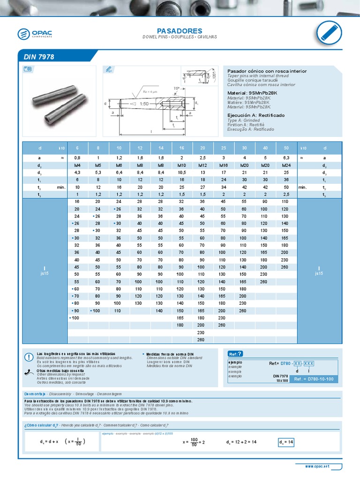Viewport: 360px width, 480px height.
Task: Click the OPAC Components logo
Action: [36, 33]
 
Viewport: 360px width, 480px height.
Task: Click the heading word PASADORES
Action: [180, 30]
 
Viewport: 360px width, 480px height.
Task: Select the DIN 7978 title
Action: [39, 57]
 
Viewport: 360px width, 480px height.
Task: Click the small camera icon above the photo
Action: [27, 69]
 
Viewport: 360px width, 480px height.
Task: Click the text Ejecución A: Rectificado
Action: [255, 115]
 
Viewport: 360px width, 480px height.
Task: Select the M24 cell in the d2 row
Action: [285, 165]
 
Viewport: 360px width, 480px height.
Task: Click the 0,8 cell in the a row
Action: [77, 158]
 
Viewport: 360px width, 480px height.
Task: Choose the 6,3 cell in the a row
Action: [285, 158]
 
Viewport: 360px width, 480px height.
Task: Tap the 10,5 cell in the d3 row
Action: [180, 172]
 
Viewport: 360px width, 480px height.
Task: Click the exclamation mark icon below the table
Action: [29, 357]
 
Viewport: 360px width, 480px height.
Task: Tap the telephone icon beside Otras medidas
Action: [29, 372]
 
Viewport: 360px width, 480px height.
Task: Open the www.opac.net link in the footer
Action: [317, 467]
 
